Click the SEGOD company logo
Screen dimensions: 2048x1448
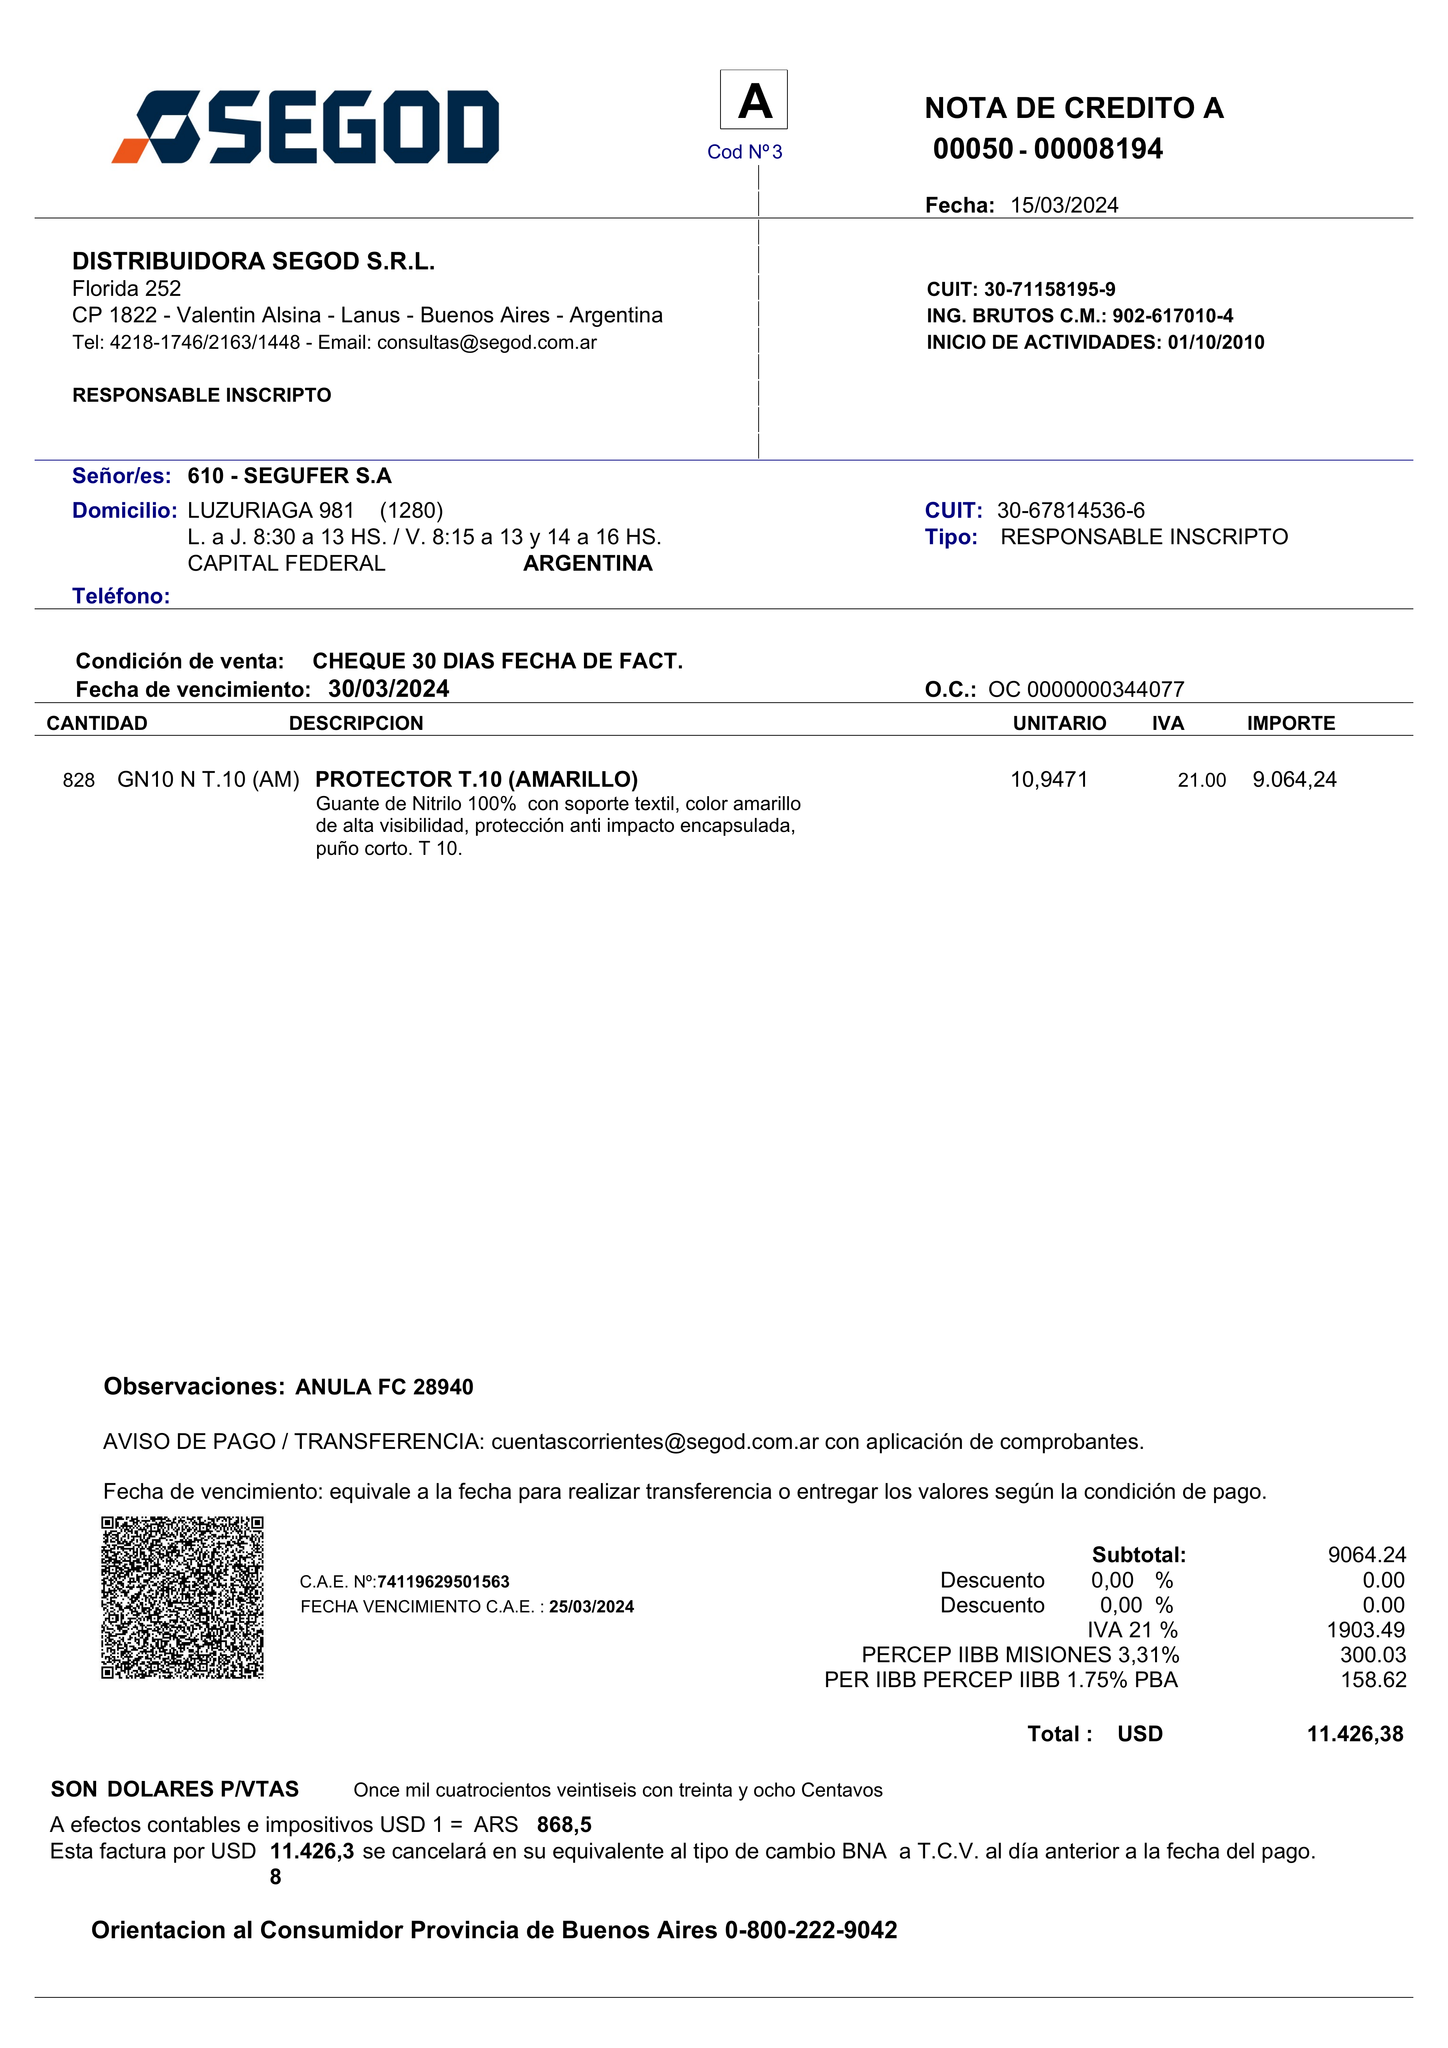(305, 127)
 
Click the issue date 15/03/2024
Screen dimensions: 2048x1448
(1064, 205)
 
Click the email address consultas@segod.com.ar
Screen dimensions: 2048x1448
(487, 343)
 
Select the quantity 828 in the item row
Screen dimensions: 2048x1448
(79, 781)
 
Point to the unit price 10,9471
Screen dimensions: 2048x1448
(1048, 780)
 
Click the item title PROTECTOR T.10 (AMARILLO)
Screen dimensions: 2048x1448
(476, 780)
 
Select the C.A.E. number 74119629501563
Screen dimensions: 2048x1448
(443, 1582)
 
